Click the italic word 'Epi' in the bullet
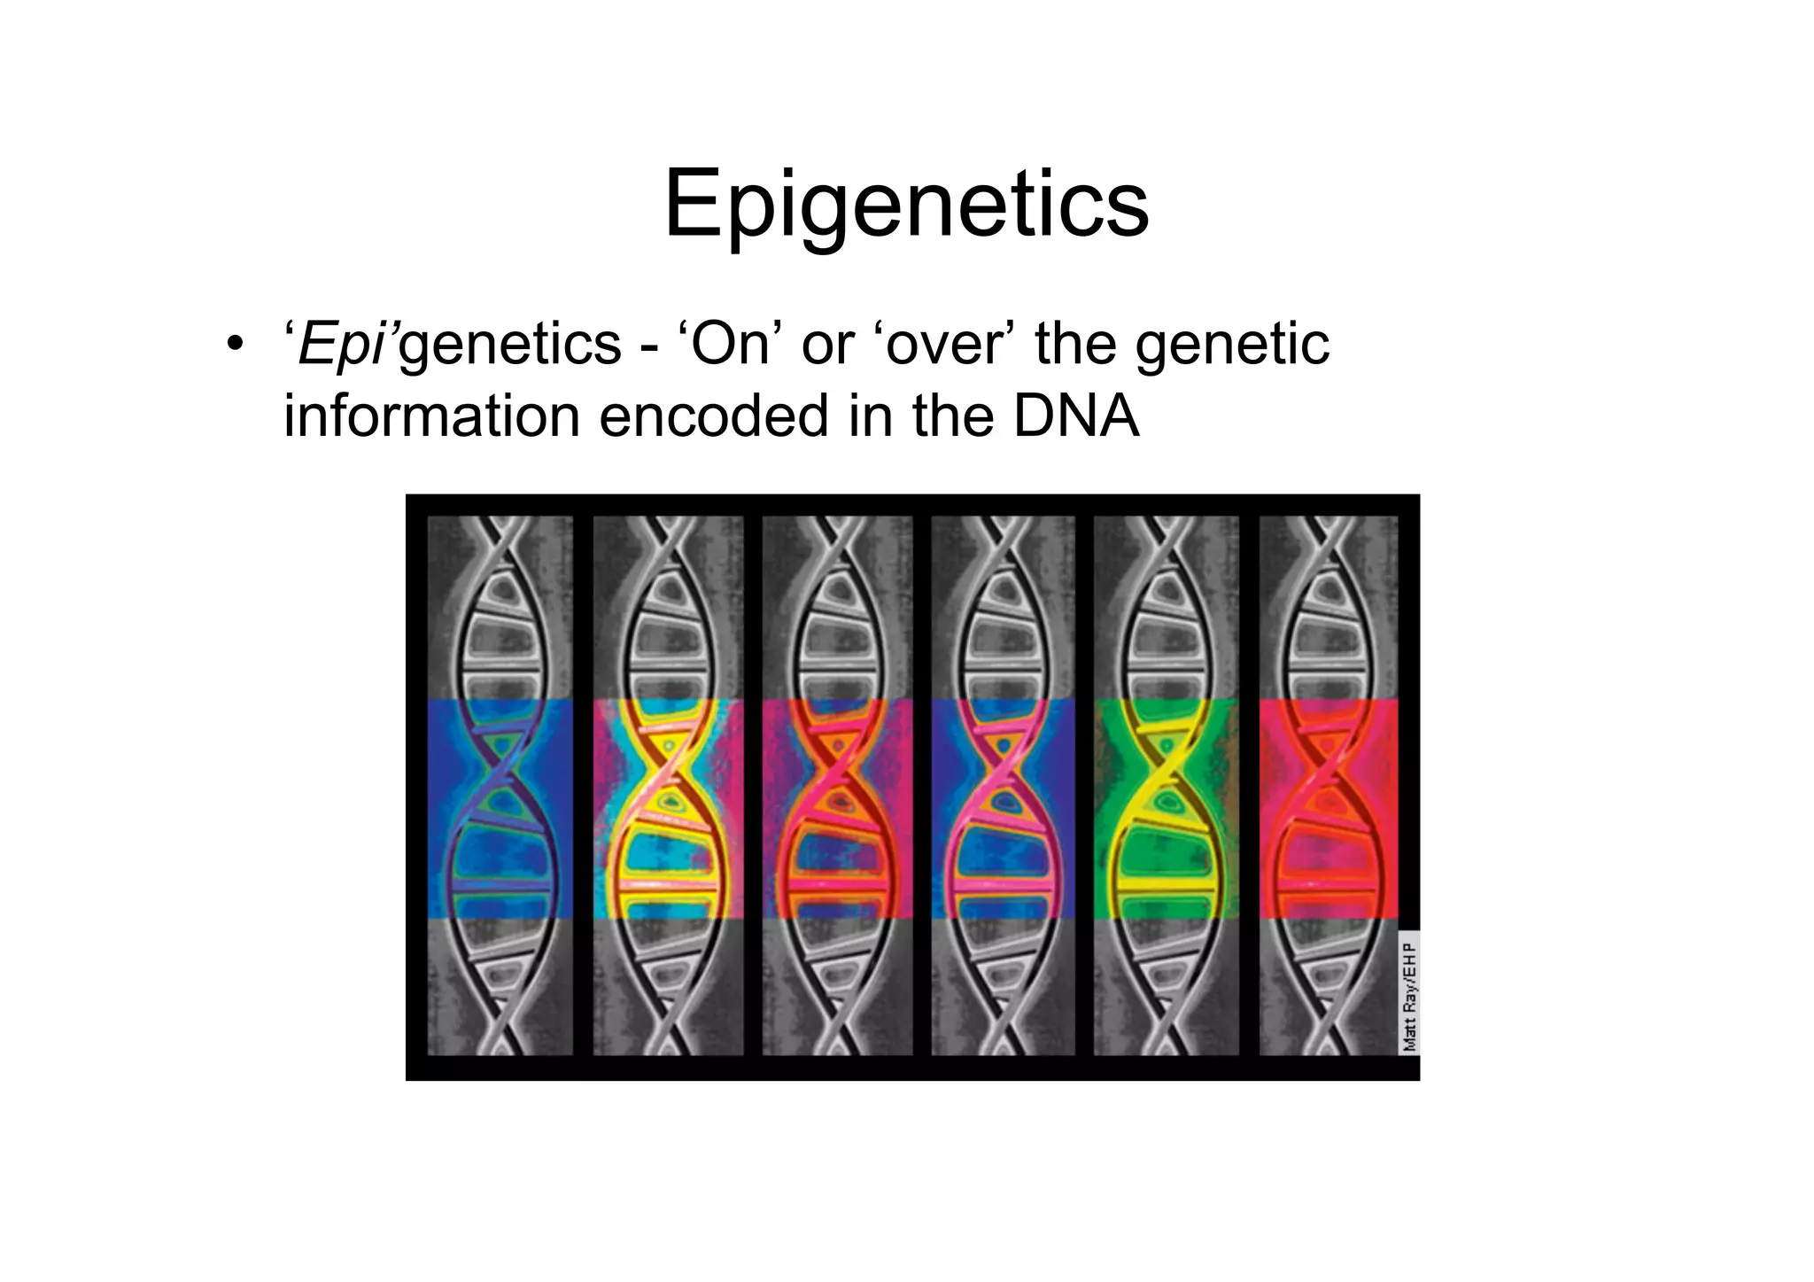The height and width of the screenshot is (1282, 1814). [341, 346]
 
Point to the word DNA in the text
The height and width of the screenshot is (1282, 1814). [1075, 416]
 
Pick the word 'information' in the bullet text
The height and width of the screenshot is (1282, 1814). [430, 416]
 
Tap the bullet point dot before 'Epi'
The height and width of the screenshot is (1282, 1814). [234, 346]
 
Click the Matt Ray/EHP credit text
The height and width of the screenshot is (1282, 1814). [1409, 996]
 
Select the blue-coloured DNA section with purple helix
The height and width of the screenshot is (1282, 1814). [500, 808]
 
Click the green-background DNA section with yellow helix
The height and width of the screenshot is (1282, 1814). [1166, 808]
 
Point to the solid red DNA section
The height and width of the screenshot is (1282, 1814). [1328, 808]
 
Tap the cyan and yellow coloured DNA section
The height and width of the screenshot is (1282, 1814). [668, 808]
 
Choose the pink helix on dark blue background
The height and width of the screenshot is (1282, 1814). [1003, 808]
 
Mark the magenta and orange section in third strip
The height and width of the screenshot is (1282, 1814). [836, 808]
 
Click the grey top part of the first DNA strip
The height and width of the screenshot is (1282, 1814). [500, 607]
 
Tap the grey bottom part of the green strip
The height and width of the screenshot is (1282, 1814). [1166, 985]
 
